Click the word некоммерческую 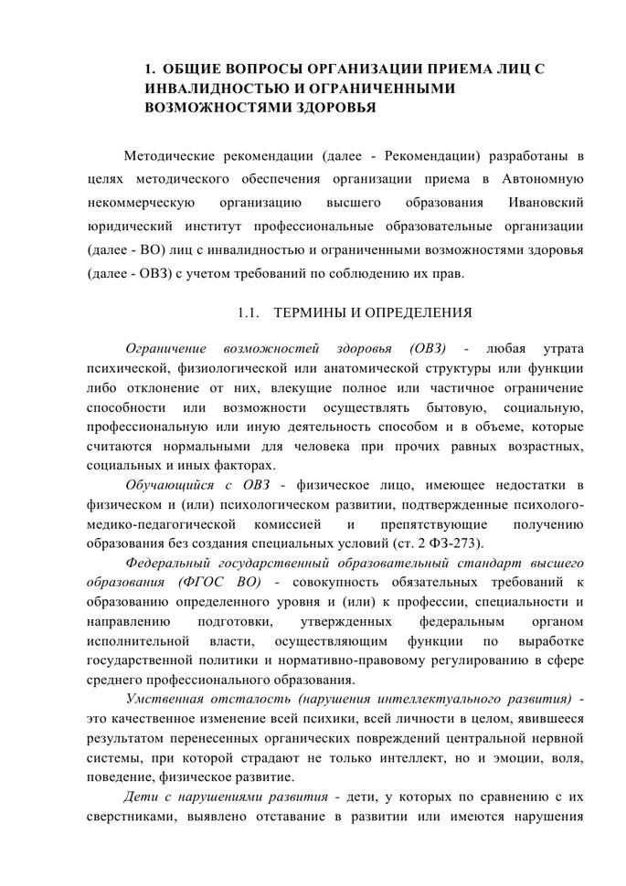140,201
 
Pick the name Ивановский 546,201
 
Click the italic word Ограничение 165,349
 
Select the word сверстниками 133,816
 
